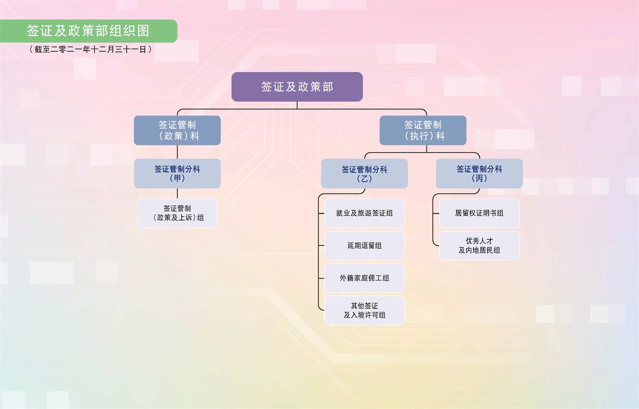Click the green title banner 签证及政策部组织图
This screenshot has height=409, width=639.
point(88,31)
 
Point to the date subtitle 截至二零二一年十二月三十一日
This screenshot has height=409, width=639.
point(91,49)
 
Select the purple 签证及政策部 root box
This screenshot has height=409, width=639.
point(297,87)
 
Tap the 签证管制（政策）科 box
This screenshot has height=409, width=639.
point(177,130)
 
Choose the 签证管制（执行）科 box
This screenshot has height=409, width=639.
point(423,130)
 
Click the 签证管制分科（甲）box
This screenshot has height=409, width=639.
point(177,173)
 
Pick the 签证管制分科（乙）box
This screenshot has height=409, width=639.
point(364,173)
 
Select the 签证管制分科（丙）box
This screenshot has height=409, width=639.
point(479,173)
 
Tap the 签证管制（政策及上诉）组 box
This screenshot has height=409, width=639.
point(177,213)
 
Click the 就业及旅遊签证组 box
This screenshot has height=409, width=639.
point(364,213)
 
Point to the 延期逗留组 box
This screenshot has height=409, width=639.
point(364,245)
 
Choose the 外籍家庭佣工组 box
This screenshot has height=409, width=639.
point(364,278)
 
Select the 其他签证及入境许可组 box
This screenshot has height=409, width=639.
point(364,311)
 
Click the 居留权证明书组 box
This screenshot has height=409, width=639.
point(479,213)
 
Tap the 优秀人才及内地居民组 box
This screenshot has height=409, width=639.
point(479,245)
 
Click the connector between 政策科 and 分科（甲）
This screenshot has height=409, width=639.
point(177,152)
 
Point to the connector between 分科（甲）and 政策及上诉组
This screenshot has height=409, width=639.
point(177,194)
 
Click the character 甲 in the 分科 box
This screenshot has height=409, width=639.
point(177,178)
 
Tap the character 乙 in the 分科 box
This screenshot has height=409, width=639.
point(364,179)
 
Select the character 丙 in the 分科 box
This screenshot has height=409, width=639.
point(479,178)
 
